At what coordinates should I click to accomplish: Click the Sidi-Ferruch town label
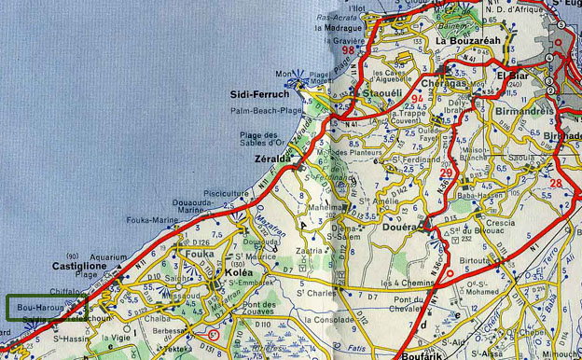tap(259, 94)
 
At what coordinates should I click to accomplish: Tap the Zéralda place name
tap(271, 159)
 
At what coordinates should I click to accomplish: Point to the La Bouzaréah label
tap(469, 41)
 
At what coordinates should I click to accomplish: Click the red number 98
tap(374, 50)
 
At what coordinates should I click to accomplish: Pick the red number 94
tap(417, 98)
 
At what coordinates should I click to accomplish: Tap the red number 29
tap(447, 172)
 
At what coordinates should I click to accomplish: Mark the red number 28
tap(556, 183)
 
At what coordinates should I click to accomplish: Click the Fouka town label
tap(200, 253)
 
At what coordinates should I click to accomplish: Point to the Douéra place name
tap(399, 226)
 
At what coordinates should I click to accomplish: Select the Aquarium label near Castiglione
tap(109, 256)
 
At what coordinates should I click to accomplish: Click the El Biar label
tap(513, 75)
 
